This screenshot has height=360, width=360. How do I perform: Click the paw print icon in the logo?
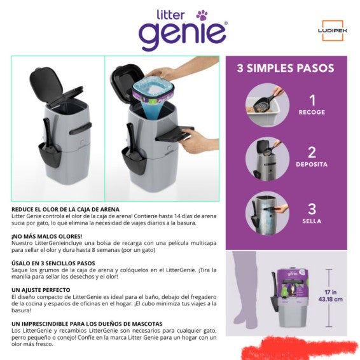coord(202,14)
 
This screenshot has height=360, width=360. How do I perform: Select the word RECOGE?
coord(312,112)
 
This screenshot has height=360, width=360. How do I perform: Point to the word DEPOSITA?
coord(312,164)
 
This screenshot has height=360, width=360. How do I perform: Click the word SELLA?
coord(312,221)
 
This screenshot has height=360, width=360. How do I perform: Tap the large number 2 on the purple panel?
coord(312,152)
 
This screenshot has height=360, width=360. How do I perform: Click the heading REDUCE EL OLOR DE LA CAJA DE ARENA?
coord(65,209)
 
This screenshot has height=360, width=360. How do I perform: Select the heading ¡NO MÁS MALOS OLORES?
coord(42,236)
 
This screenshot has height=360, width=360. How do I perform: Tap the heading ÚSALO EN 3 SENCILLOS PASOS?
coord(53,263)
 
